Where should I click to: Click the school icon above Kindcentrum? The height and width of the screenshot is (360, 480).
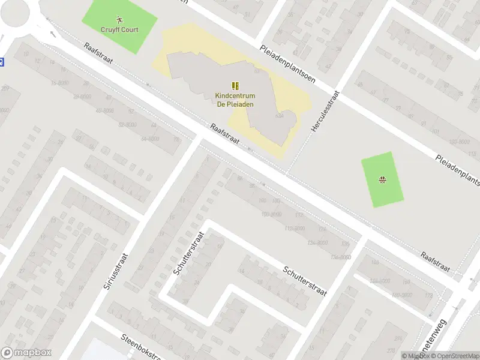coord(235,86)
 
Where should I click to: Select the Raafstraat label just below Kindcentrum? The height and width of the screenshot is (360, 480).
coord(225,134)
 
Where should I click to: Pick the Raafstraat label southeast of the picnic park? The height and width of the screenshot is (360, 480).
coord(435,262)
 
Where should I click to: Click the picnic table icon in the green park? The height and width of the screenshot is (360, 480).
coord(382,179)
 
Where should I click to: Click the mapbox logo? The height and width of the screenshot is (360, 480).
coord(26,353)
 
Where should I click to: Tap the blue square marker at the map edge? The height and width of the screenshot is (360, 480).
coord(1,61)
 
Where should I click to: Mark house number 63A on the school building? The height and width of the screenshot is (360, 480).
coord(278,116)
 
